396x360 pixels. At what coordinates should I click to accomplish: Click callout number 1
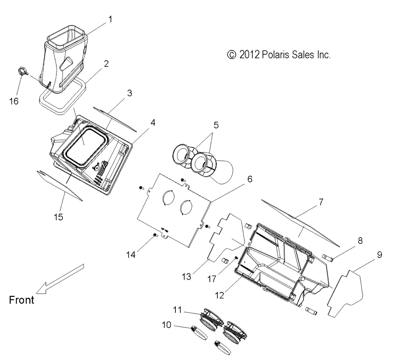pyautogui.click(x=110, y=18)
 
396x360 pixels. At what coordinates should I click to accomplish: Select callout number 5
pyautogui.click(x=215, y=125)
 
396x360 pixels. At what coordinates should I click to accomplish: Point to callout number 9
pyautogui.click(x=379, y=255)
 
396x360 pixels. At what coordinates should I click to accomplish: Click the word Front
pyautogui.click(x=21, y=300)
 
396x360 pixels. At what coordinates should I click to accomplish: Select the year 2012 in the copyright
pyautogui.click(x=250, y=55)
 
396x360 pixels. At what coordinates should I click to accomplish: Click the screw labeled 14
pyautogui.click(x=155, y=237)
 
